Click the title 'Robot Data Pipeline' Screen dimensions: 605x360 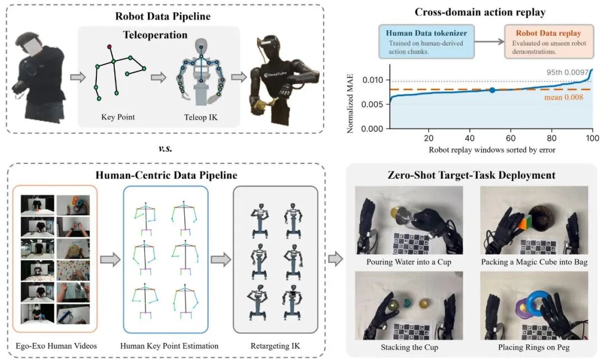(163, 16)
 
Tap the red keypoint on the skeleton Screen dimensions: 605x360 (110, 46)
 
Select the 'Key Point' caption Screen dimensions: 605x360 (118, 117)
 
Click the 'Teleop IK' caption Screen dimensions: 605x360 (201, 117)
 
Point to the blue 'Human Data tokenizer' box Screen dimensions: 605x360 (426, 41)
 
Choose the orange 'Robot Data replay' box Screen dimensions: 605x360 (548, 41)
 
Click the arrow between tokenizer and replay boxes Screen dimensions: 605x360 (489, 41)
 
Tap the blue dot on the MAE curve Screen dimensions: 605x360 (492, 90)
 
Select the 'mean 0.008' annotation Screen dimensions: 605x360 (564, 97)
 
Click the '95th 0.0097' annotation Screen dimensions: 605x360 (567, 72)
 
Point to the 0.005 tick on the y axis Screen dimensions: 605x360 (373, 105)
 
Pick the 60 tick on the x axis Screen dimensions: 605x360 (510, 138)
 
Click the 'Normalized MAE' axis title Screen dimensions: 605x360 (350, 104)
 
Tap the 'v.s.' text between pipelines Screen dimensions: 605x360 (165, 148)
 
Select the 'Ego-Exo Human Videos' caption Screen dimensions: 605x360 (57, 346)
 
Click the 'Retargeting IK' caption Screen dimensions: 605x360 (275, 346)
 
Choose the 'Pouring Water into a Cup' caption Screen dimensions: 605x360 (408, 261)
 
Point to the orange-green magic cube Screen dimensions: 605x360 (524, 225)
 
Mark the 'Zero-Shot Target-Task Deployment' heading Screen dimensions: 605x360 (472, 175)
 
